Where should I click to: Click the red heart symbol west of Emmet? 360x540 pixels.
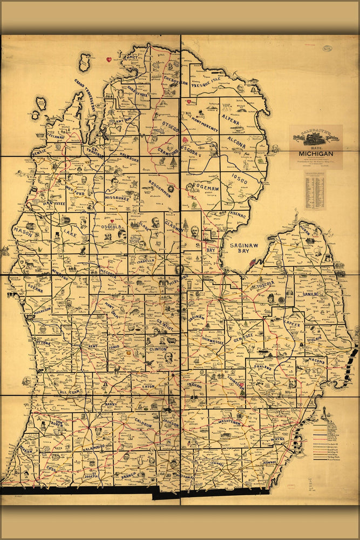click(x=108, y=58)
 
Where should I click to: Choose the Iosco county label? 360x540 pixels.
click(x=239, y=178)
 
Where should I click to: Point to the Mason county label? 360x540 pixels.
click(x=24, y=232)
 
